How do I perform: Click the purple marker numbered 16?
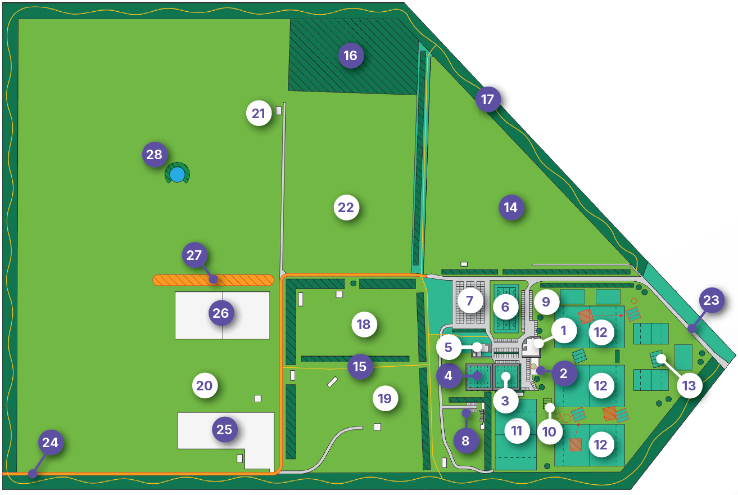(x=351, y=55)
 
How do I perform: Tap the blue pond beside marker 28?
(x=177, y=174)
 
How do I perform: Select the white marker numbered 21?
(x=259, y=113)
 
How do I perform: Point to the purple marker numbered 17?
(x=488, y=99)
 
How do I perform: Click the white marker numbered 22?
(x=346, y=207)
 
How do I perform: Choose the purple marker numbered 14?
(x=511, y=207)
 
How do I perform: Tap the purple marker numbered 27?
(x=194, y=255)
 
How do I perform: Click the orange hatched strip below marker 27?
(x=213, y=280)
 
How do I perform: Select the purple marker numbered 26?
(x=221, y=313)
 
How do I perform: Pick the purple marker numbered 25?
(x=225, y=429)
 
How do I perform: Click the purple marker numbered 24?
(x=51, y=442)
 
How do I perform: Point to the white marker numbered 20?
(x=205, y=385)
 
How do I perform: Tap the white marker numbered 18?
(x=364, y=324)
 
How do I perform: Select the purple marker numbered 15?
(x=360, y=366)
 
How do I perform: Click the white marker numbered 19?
(x=385, y=398)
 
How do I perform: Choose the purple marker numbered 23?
(x=712, y=300)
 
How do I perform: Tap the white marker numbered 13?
(x=689, y=385)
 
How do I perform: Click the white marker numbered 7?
(x=470, y=300)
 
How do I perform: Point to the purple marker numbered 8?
(x=466, y=440)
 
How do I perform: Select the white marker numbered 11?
(x=517, y=431)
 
